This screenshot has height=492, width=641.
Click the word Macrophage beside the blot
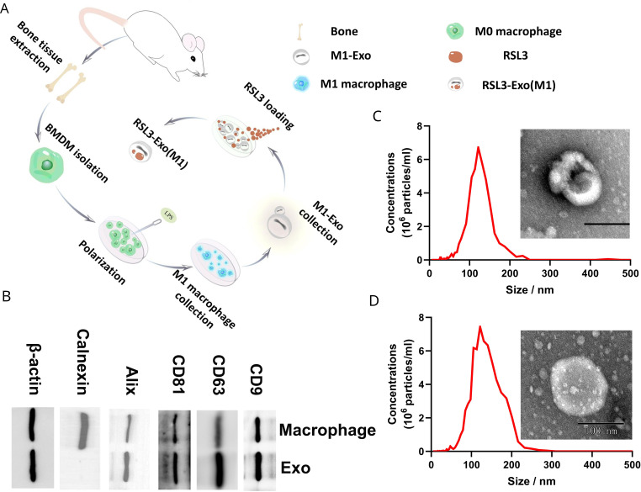pyautogui.click(x=326, y=431)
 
